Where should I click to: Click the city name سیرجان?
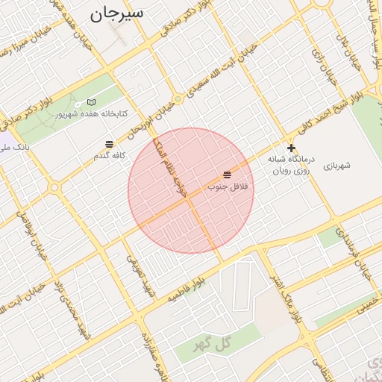coord(117,14)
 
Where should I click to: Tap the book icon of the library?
coord(91,101)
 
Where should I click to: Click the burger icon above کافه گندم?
coord(110,144)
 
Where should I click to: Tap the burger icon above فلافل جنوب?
coord(227,174)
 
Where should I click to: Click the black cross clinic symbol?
coord(291,148)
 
